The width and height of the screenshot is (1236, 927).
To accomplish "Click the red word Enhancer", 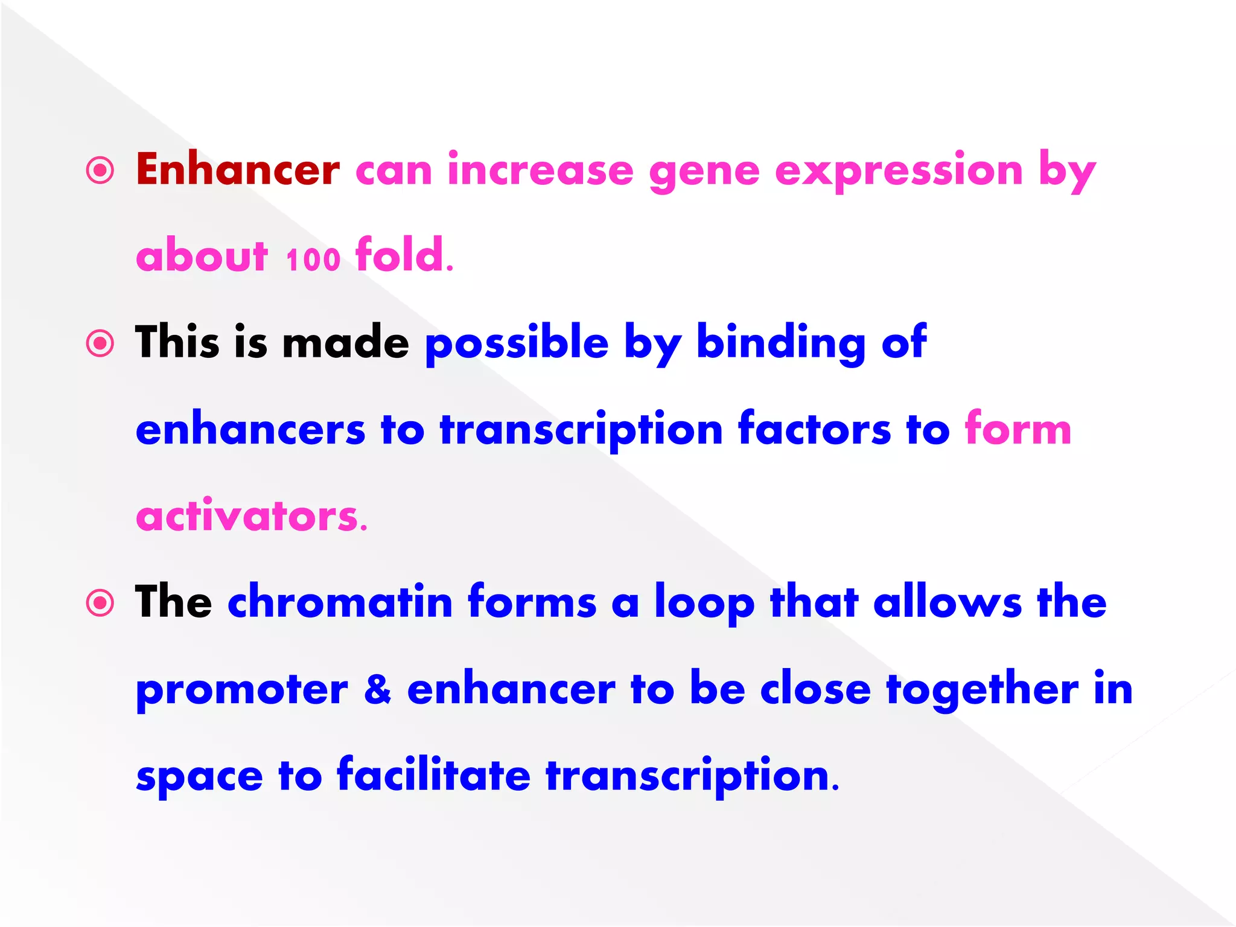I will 238,170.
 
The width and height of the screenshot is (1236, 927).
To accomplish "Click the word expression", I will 899,171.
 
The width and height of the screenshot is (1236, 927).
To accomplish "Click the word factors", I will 814,429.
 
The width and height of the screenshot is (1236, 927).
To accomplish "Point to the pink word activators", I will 251,517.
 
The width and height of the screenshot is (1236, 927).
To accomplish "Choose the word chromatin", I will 340,602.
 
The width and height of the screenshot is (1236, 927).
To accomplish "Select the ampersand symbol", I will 378,689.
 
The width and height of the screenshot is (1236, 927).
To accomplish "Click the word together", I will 982,690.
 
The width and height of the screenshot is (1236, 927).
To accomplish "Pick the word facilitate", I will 433,775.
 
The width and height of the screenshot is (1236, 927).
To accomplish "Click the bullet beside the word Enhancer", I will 100,171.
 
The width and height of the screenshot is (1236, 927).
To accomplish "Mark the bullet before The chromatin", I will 100,603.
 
